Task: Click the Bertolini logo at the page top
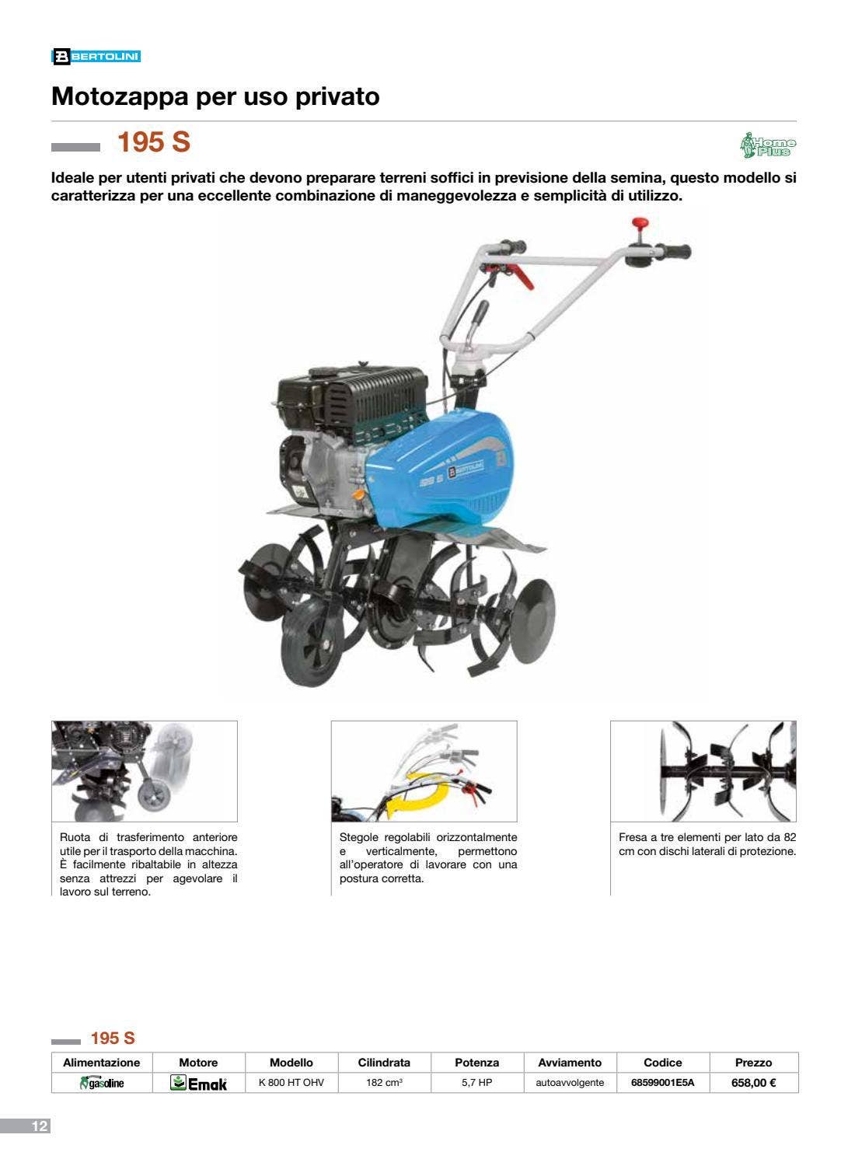96,57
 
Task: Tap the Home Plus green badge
768,145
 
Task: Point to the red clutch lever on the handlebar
520,276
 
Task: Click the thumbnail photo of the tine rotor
703,771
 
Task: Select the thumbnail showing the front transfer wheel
145,771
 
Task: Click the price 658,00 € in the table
753,1082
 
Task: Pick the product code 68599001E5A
663,1082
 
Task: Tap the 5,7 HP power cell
476,1082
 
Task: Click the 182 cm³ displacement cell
384,1082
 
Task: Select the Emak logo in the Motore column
199,1083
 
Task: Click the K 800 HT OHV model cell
291,1082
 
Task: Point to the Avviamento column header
570,1063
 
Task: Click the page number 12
40,1126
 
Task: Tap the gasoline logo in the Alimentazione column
102,1083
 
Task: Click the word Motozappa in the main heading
120,96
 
